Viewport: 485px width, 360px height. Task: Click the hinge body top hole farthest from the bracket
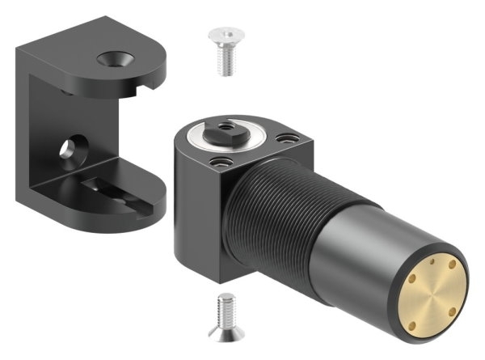(283, 138)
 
